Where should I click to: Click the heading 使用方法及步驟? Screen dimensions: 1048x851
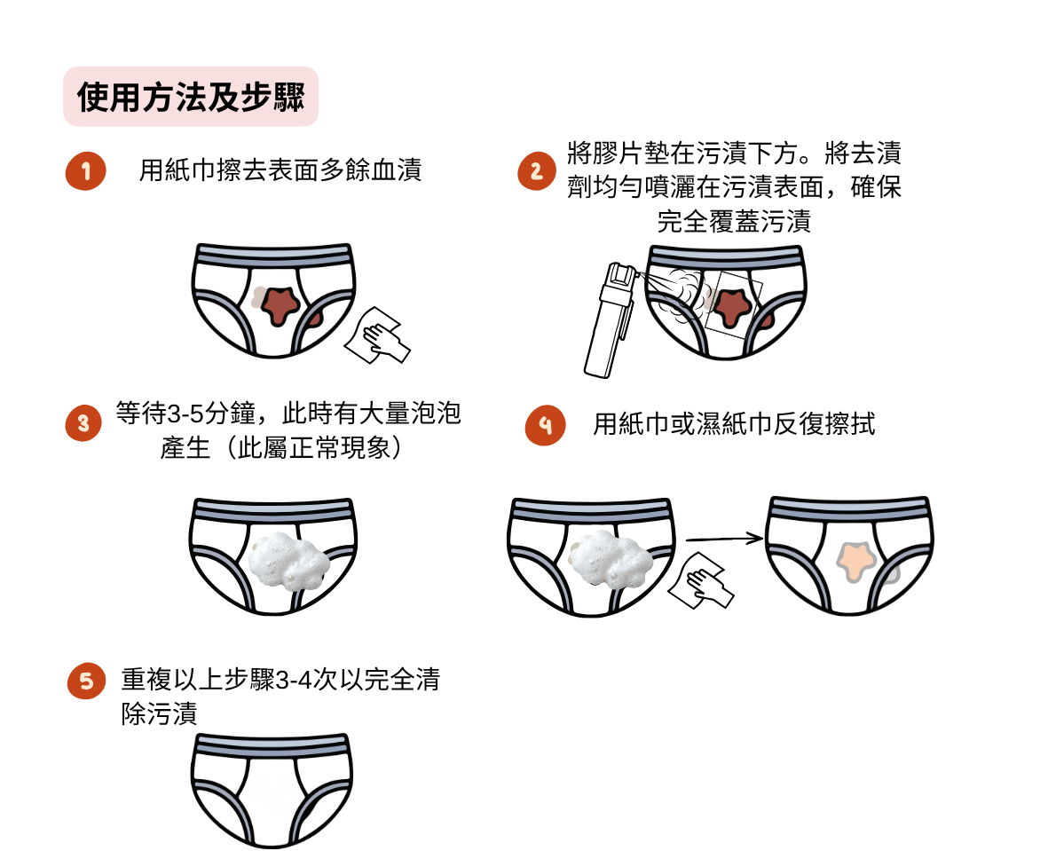click(191, 97)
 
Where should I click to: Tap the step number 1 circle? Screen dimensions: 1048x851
click(85, 171)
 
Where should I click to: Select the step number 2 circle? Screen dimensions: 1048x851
click(537, 171)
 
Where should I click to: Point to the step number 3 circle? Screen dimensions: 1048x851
click(83, 423)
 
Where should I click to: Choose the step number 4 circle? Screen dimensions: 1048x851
click(546, 425)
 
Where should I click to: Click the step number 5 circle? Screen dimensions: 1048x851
click(87, 681)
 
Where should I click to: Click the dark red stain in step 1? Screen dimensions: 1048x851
click(280, 305)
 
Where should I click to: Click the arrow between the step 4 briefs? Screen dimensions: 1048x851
click(724, 538)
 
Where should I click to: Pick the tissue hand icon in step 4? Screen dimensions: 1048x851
click(701, 580)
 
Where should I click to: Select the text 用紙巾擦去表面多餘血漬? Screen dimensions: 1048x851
click(280, 170)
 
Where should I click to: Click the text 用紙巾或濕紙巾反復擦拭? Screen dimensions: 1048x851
click(734, 424)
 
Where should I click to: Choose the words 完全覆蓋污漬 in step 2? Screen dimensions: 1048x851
click(734, 221)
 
